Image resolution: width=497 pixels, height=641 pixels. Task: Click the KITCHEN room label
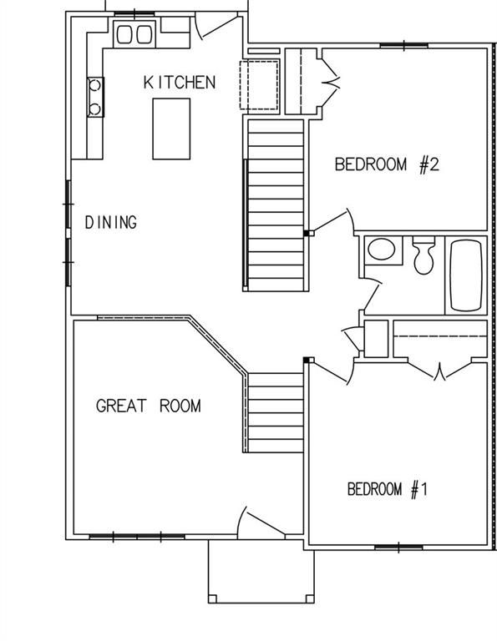180,82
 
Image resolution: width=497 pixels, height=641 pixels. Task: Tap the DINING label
111,222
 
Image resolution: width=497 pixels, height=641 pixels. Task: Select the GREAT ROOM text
148,406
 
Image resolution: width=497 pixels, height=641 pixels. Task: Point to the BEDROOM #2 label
387,164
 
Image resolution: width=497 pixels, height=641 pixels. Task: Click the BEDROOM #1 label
387,489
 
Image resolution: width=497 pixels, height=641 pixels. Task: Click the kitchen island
170,128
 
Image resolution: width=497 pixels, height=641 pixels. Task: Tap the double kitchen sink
134,34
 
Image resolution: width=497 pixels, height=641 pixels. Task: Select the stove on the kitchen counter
95,95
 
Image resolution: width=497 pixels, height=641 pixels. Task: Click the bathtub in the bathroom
466,275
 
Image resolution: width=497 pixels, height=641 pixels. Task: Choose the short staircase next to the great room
275,411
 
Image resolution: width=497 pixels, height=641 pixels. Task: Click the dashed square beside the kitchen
260,84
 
